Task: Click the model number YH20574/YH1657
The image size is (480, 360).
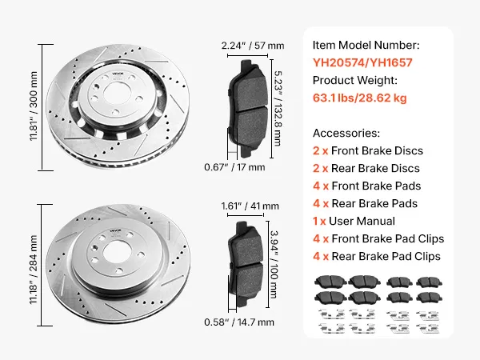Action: (x=362, y=62)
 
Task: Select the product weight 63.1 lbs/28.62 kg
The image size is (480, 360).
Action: (x=360, y=98)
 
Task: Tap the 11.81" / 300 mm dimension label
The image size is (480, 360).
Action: (x=34, y=106)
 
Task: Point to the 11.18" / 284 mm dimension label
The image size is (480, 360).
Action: (x=34, y=270)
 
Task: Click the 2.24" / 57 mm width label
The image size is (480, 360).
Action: (x=253, y=46)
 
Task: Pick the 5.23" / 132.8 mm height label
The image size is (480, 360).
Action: (x=278, y=108)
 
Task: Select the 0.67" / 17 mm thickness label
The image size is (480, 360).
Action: (x=234, y=167)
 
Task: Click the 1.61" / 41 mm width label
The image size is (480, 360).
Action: (x=250, y=206)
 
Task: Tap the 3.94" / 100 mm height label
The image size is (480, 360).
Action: (x=274, y=264)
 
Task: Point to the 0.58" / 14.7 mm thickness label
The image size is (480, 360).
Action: (x=239, y=322)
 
